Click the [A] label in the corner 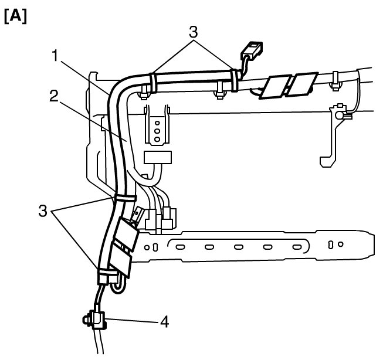click(x=15, y=16)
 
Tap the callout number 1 click(x=56, y=55)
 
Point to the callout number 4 click(x=165, y=321)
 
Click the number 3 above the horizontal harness click(x=193, y=32)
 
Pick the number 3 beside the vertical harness click(x=43, y=210)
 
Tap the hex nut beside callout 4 click(x=86, y=320)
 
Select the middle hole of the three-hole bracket click(x=157, y=131)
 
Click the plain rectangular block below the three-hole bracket click(x=158, y=157)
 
